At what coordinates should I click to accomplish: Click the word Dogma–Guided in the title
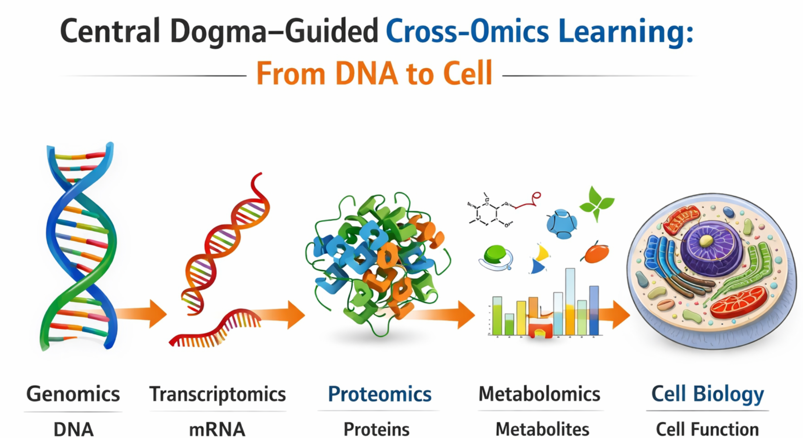pos(274,31)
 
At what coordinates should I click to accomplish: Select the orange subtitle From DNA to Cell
pos(374,74)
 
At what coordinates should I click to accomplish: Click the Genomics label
pos(73,394)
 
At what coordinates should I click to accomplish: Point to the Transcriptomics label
pos(218,394)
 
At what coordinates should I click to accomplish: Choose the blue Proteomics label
pos(379,394)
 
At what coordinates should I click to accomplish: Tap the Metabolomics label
pos(539,394)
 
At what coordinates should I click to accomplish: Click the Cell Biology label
pos(707,394)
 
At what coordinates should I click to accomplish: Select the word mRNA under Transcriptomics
pos(217,429)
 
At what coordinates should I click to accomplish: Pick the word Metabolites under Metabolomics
pos(542,429)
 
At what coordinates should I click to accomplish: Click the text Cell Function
pos(707,429)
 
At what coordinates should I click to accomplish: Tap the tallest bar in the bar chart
pos(570,301)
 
